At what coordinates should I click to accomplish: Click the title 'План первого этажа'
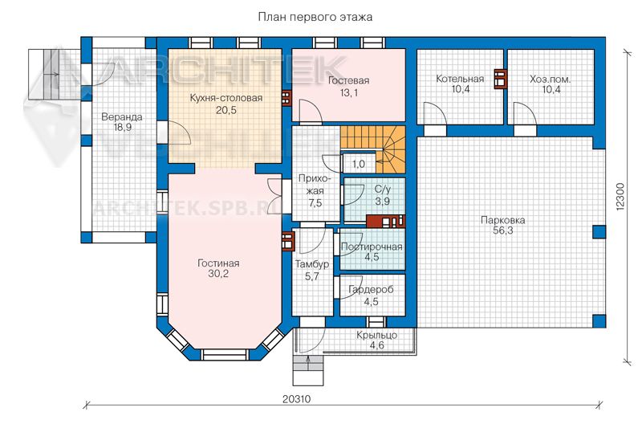pos(315,17)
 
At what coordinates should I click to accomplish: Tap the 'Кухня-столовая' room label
pos(226,98)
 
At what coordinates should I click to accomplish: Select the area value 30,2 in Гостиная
pos(218,274)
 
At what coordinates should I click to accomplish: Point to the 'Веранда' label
pos(122,117)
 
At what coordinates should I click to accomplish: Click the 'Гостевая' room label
pos(349,80)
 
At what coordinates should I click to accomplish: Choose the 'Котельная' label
pos(460,79)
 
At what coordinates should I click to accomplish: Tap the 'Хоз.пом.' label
pos(551,79)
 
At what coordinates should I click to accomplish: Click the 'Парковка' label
pos(503,220)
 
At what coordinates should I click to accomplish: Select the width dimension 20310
pos(296,398)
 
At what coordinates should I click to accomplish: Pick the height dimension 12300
pos(620,197)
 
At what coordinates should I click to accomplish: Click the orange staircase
pos(373,149)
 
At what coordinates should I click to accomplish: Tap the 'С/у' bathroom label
pos(383,190)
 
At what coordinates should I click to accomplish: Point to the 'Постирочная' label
pos(372,247)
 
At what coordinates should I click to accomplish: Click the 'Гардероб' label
pos(371,290)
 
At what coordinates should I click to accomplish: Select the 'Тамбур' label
pos(312,264)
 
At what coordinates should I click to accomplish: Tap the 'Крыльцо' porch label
pos(376,335)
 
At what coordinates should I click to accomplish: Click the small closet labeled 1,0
pos(358,164)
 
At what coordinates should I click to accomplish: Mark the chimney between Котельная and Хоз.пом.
pos(500,79)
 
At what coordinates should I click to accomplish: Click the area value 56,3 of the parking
pos(503,230)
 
